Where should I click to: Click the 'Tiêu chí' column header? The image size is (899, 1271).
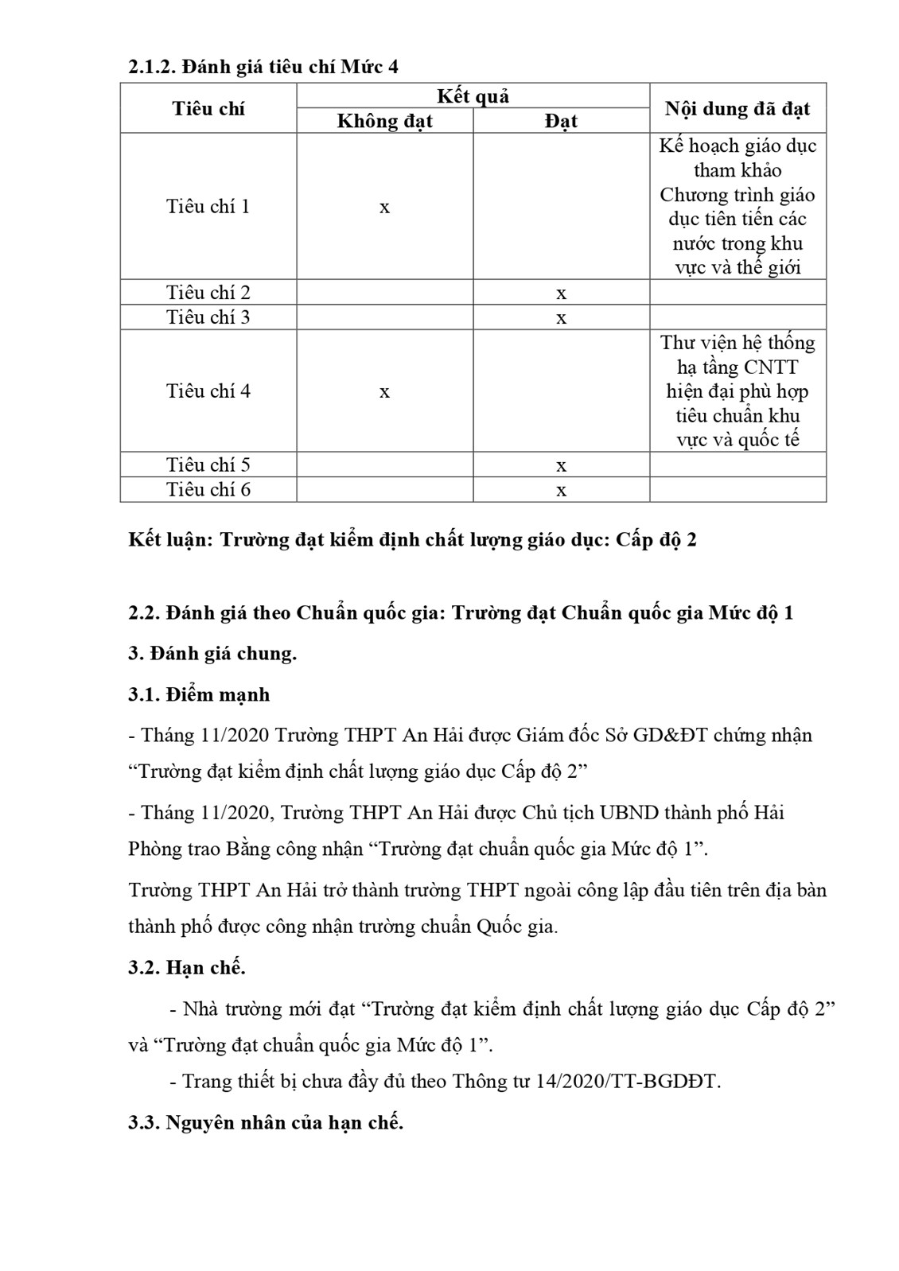coord(208,108)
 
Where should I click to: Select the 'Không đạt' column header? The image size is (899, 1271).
coord(384,121)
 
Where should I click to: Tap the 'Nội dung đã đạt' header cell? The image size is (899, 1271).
coord(737,108)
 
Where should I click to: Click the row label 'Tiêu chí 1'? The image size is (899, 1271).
coord(208,207)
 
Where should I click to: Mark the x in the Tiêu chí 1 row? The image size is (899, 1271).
coord(384,208)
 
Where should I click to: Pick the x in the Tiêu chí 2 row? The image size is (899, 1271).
coord(561,293)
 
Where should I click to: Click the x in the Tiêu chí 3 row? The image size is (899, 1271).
coord(561,318)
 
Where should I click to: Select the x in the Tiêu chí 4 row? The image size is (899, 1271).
coord(384,392)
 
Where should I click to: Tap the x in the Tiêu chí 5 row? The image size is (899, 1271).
coord(561,465)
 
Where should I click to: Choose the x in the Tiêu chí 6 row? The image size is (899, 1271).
coord(561,490)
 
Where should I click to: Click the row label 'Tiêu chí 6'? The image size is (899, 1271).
coord(208,489)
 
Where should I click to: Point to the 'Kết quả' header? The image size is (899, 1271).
coord(473,96)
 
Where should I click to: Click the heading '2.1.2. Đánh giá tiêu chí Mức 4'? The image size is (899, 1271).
coord(263,67)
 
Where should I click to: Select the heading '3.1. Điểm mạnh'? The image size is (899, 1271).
coord(199,694)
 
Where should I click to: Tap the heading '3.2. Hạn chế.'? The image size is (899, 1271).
coord(187,967)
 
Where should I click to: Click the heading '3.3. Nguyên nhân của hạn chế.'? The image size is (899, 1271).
coord(266,1122)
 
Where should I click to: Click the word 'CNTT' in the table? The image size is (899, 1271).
coord(770,367)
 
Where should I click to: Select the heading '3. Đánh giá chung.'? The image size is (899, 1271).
coord(212,653)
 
